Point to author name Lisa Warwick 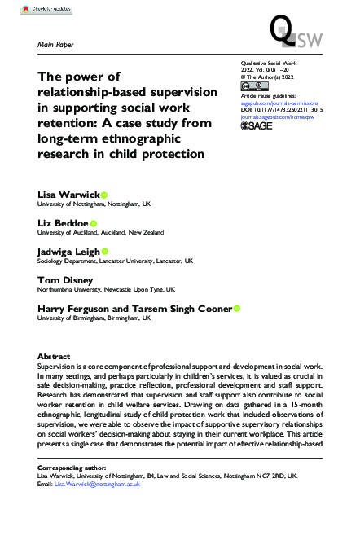click(x=68, y=194)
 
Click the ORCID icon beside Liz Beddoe click(x=94, y=222)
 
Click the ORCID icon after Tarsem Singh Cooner click(x=237, y=309)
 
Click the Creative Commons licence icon click(x=251, y=85)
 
